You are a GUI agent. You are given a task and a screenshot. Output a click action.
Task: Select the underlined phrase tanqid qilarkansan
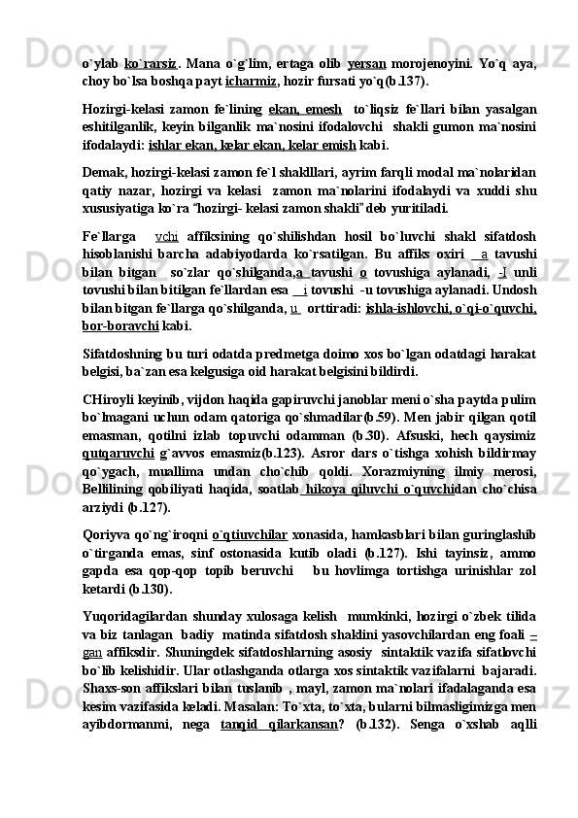point(279,723)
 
